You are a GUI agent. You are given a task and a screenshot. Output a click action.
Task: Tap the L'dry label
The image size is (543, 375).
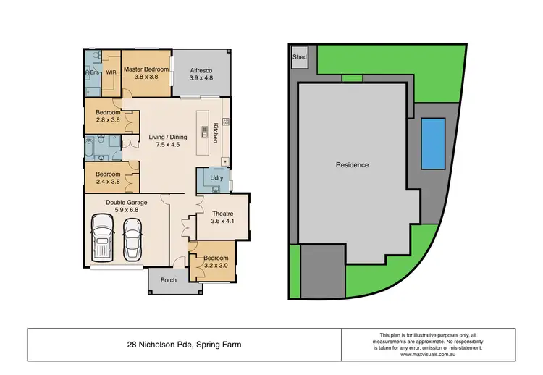[x=215, y=178]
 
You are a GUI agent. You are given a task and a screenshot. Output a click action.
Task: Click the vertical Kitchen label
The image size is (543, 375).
[x=215, y=132]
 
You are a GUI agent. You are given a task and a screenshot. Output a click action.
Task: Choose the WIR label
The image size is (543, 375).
[x=111, y=72]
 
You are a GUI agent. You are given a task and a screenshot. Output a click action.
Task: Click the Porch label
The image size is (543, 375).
[x=168, y=280]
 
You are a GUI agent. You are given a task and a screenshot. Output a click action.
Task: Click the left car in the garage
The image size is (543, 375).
[x=103, y=240]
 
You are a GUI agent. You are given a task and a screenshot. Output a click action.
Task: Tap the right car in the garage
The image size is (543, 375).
[x=132, y=240]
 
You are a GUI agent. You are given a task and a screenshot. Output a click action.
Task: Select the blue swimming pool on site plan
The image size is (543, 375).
[x=432, y=143]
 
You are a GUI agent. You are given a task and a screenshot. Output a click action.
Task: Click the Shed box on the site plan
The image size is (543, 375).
[x=298, y=59]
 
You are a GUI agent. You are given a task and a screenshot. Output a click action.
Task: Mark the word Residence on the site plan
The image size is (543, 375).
[x=352, y=165]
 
